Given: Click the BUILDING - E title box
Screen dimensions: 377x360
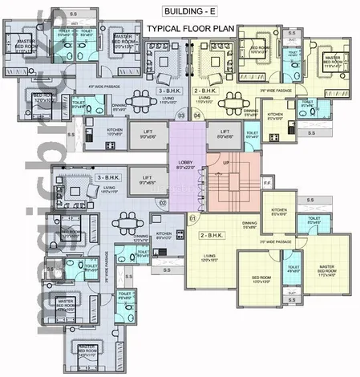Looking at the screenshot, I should [185, 11].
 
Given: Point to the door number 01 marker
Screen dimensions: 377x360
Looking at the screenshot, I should [192, 217].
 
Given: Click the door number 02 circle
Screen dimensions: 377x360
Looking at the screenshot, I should [162, 203].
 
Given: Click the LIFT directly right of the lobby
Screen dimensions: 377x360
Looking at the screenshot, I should [225, 134].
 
